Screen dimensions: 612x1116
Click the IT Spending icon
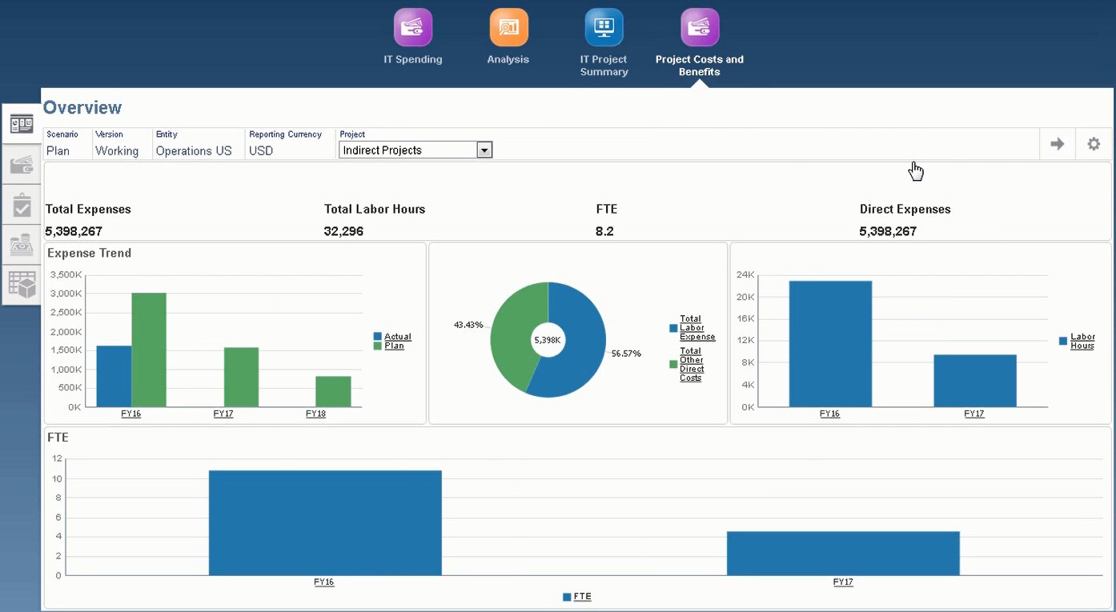pos(413,28)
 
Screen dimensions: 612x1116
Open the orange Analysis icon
pos(508,28)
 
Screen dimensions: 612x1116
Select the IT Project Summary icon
pos(604,28)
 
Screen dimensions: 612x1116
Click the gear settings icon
pos(1093,144)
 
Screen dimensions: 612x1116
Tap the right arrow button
pos(1057,144)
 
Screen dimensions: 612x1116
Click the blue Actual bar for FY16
pos(114,376)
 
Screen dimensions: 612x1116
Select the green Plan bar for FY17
pos(241,377)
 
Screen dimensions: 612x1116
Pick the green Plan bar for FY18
pos(333,391)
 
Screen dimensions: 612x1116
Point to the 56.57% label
pos(627,354)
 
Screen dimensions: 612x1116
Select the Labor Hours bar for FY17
pos(974,381)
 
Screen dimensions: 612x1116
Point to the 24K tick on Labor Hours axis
pos(745,274)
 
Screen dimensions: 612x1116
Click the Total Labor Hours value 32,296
pos(345,231)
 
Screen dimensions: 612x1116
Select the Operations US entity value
pos(194,150)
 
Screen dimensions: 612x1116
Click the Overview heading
pos(82,108)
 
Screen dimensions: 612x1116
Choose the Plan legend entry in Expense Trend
pos(394,346)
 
